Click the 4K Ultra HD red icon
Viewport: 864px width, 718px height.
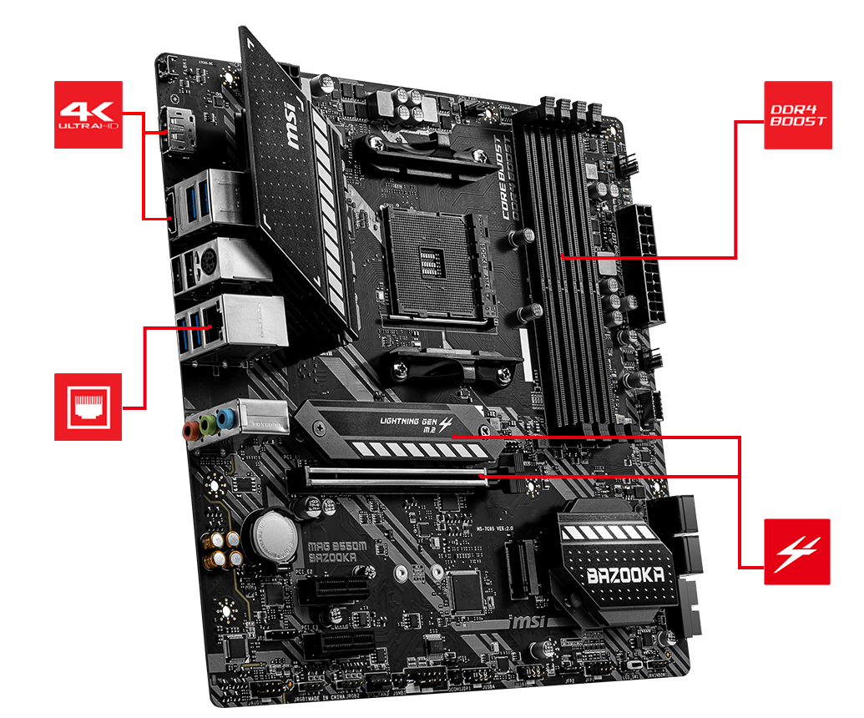point(88,114)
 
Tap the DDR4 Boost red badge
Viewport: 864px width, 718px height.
point(797,115)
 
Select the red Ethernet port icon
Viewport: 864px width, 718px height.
point(88,407)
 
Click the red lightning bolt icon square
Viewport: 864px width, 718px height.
point(797,551)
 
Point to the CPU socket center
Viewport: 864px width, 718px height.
point(430,259)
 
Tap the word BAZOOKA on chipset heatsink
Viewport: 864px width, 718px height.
point(626,575)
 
